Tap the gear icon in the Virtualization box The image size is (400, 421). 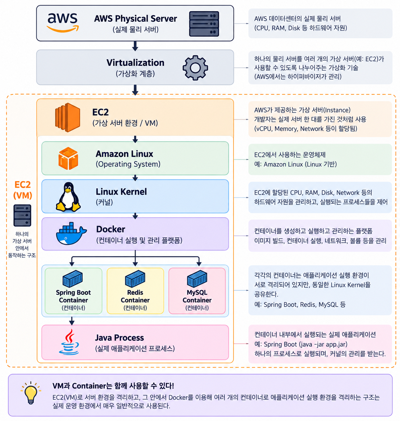coord(195,68)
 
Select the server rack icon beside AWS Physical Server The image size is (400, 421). coord(204,24)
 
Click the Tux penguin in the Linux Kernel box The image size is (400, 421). coord(68,196)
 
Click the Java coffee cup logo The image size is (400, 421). coord(69,342)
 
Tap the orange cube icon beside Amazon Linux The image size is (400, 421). coord(68,158)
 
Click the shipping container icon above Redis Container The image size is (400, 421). coord(135,278)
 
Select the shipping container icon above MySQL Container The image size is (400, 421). coord(197,278)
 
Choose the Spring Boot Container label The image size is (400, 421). coord(73,296)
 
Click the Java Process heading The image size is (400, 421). coord(119,338)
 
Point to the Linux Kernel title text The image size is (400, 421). coord(121,192)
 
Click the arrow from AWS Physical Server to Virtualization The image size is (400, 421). coord(135,46)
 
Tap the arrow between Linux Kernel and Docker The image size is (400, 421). coord(135,216)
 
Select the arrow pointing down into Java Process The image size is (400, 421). coord(72,321)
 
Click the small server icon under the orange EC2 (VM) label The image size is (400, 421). coord(22,215)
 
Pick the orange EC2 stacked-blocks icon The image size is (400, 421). coord(67,117)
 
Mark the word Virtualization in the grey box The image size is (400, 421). coord(135,63)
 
